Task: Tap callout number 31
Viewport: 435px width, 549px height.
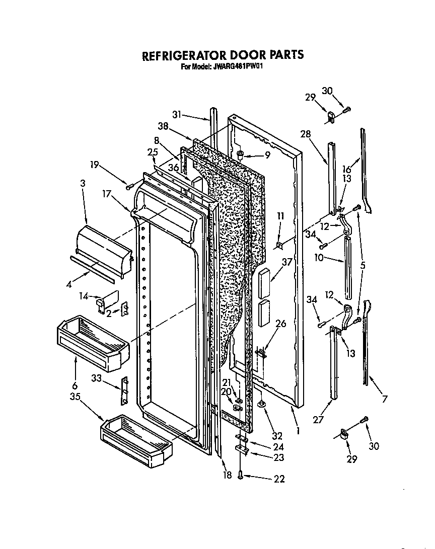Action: click(176, 115)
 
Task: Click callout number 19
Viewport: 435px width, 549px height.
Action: click(95, 164)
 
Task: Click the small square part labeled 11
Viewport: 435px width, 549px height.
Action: click(279, 245)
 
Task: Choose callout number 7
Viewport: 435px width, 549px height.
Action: click(385, 399)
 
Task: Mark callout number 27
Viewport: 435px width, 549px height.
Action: click(318, 417)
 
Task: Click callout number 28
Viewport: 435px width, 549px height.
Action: click(306, 134)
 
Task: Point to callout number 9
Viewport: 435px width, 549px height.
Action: click(267, 155)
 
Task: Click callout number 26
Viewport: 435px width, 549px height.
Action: click(280, 324)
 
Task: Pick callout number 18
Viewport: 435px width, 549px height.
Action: click(228, 475)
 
